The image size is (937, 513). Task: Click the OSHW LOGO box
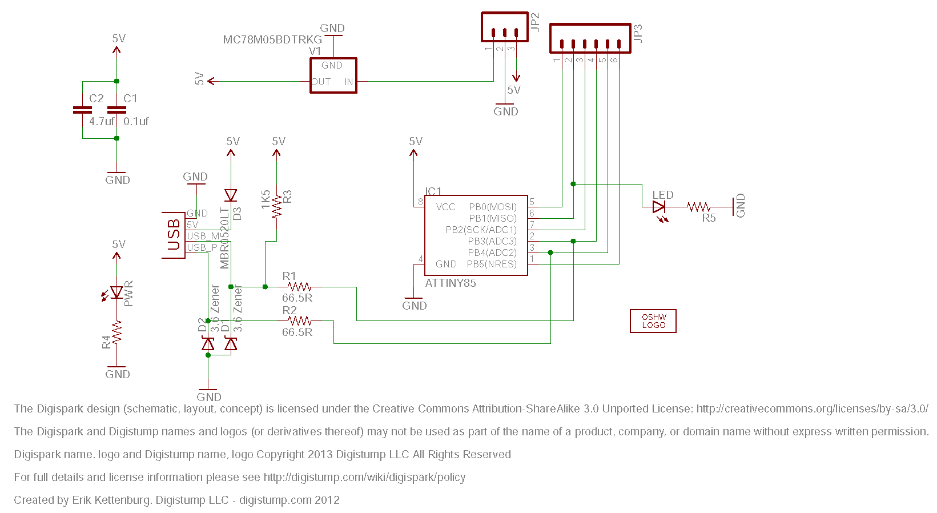pos(653,321)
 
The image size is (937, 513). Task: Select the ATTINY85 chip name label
pos(451,283)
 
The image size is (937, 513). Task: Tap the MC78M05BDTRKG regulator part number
pos(272,39)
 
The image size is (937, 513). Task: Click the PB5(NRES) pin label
pos(492,264)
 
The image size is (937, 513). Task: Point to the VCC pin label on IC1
pos(445,207)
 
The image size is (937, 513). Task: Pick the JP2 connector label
pos(535,22)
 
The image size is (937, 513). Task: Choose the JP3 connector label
pos(638,33)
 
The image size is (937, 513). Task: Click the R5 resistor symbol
pos(699,207)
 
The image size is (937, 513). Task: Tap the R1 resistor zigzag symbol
pos(299,287)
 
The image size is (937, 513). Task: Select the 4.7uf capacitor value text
pos(102,121)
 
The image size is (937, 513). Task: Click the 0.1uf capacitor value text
pos(136,121)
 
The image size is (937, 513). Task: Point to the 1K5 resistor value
pos(266,200)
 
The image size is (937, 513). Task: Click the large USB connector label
pos(174,235)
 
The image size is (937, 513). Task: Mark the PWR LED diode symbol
pos(116,292)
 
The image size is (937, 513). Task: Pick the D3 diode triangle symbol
pos(231,195)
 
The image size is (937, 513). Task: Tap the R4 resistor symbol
pos(116,332)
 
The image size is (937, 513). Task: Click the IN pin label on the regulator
pos(348,82)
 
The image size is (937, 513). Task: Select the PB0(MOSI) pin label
pos(492,207)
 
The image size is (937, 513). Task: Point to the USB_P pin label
pos(202,247)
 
